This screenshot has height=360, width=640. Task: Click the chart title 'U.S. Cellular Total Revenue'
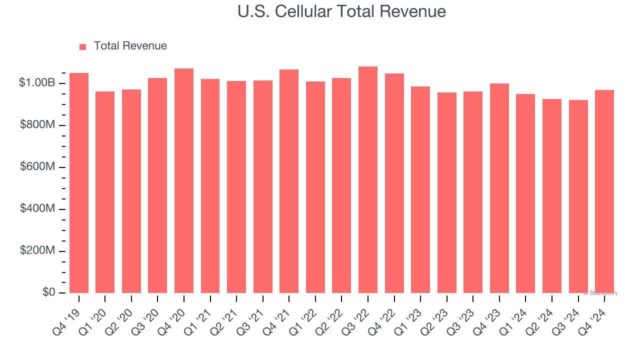click(342, 11)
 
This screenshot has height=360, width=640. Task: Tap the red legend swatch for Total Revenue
click(82, 46)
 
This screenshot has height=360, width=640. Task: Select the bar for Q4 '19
click(79, 183)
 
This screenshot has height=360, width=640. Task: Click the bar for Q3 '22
click(368, 180)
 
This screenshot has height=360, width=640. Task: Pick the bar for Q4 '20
click(184, 181)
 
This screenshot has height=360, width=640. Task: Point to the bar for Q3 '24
click(578, 196)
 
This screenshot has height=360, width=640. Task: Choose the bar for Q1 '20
click(105, 192)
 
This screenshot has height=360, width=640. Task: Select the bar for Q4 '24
click(604, 191)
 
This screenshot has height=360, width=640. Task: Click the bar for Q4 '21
click(289, 181)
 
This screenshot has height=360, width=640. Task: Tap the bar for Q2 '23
click(446, 193)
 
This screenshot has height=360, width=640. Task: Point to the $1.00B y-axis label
click(37, 83)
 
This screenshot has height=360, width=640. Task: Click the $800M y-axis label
click(37, 125)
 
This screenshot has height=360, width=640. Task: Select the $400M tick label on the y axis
click(37, 208)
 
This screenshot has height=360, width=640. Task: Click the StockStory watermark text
click(600, 293)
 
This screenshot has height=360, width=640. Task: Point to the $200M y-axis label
click(37, 250)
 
